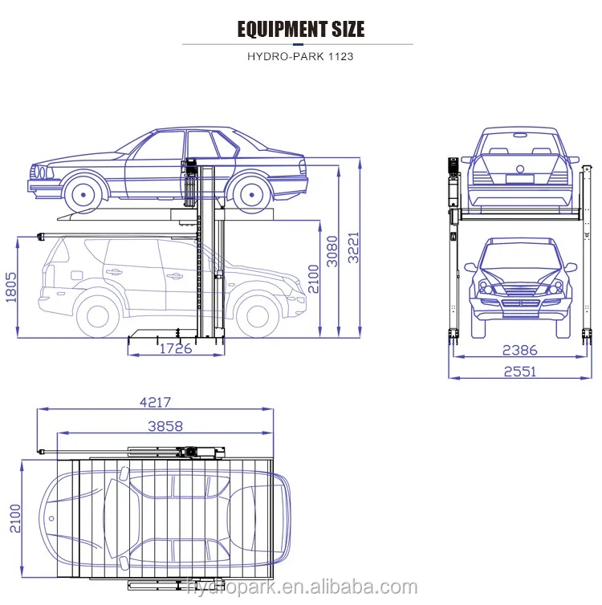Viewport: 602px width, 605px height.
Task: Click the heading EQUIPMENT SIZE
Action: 301,30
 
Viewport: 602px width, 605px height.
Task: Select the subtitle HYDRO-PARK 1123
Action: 301,57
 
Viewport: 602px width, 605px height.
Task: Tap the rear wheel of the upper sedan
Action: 249,193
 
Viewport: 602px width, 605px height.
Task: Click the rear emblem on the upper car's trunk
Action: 519,169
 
